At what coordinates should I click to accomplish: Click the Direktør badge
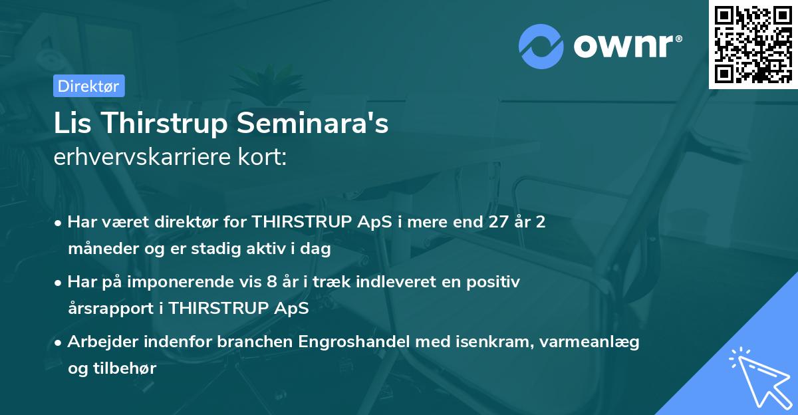(x=88, y=86)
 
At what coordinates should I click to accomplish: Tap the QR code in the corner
(x=753, y=45)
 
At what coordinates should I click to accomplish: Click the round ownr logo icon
(x=541, y=46)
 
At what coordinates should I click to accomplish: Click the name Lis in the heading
(x=70, y=124)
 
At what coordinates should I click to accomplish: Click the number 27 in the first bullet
(x=480, y=222)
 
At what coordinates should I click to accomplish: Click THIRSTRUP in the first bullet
(x=303, y=222)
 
